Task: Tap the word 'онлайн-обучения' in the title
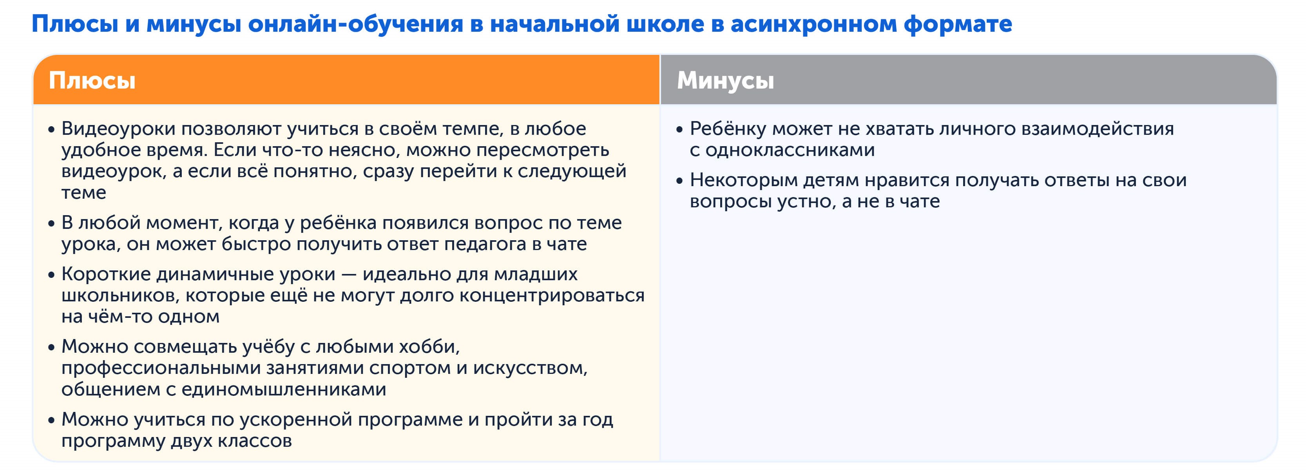tap(355, 24)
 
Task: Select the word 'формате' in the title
tap(958, 24)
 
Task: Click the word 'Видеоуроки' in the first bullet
tap(118, 129)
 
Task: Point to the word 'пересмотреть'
tap(542, 150)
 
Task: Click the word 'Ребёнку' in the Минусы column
tap(728, 129)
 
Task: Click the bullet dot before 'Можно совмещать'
tap(51, 348)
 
